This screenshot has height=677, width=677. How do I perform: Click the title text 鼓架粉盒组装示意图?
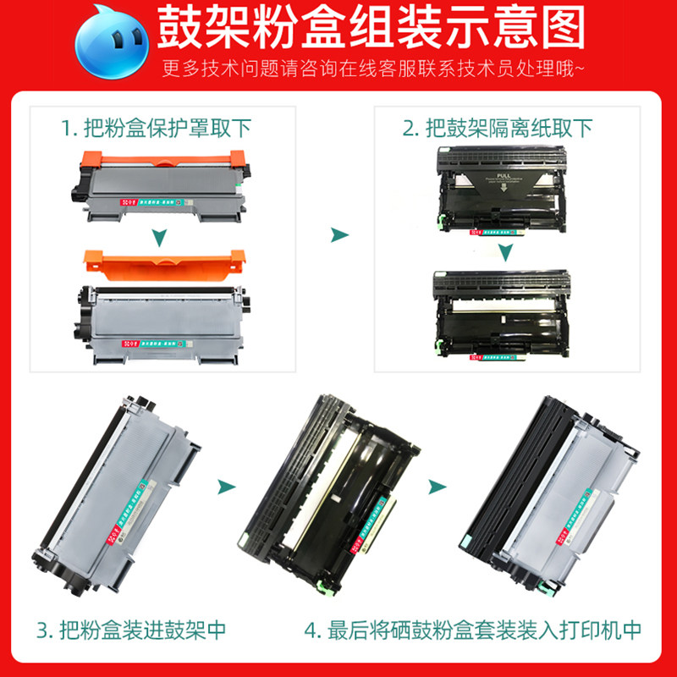pos(372,30)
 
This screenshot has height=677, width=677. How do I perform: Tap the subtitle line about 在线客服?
pos(373,69)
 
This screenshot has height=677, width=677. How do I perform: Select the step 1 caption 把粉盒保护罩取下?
pos(156,129)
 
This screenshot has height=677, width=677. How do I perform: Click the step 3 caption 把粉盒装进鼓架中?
pos(131,630)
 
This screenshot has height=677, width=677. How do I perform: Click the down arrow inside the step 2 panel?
pos(505,252)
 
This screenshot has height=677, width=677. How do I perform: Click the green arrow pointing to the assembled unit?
pos(437,487)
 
